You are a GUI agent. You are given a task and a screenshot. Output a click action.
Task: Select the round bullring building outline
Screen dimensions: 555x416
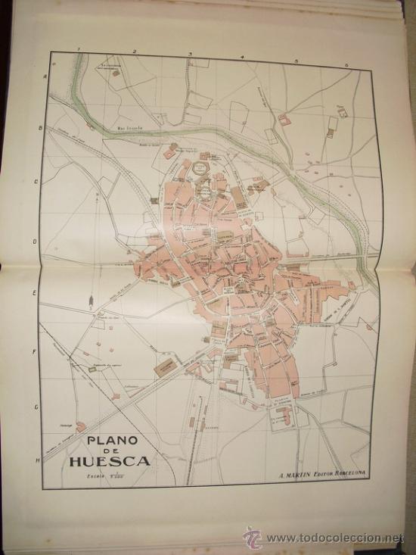pyautogui.click(x=203, y=166)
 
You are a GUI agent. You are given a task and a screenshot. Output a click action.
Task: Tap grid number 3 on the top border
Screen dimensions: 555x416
pyautogui.click(x=189, y=54)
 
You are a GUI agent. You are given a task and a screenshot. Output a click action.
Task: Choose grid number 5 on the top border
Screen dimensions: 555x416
pyautogui.click(x=296, y=60)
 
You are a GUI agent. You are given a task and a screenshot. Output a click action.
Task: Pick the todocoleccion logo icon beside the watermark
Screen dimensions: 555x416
pyautogui.click(x=253, y=538)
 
